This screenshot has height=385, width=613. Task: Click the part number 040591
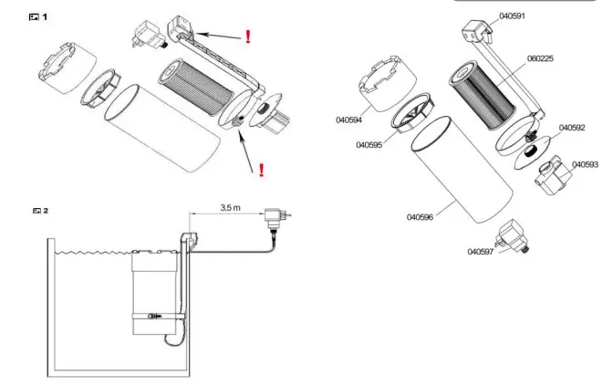point(511,16)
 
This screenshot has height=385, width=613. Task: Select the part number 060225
point(540,58)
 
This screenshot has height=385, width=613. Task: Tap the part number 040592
point(571,129)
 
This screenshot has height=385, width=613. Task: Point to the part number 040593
point(585,164)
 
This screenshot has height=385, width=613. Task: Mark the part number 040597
point(481,252)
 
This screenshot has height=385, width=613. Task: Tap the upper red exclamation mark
point(247,36)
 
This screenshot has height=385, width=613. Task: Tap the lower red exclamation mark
point(263,169)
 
